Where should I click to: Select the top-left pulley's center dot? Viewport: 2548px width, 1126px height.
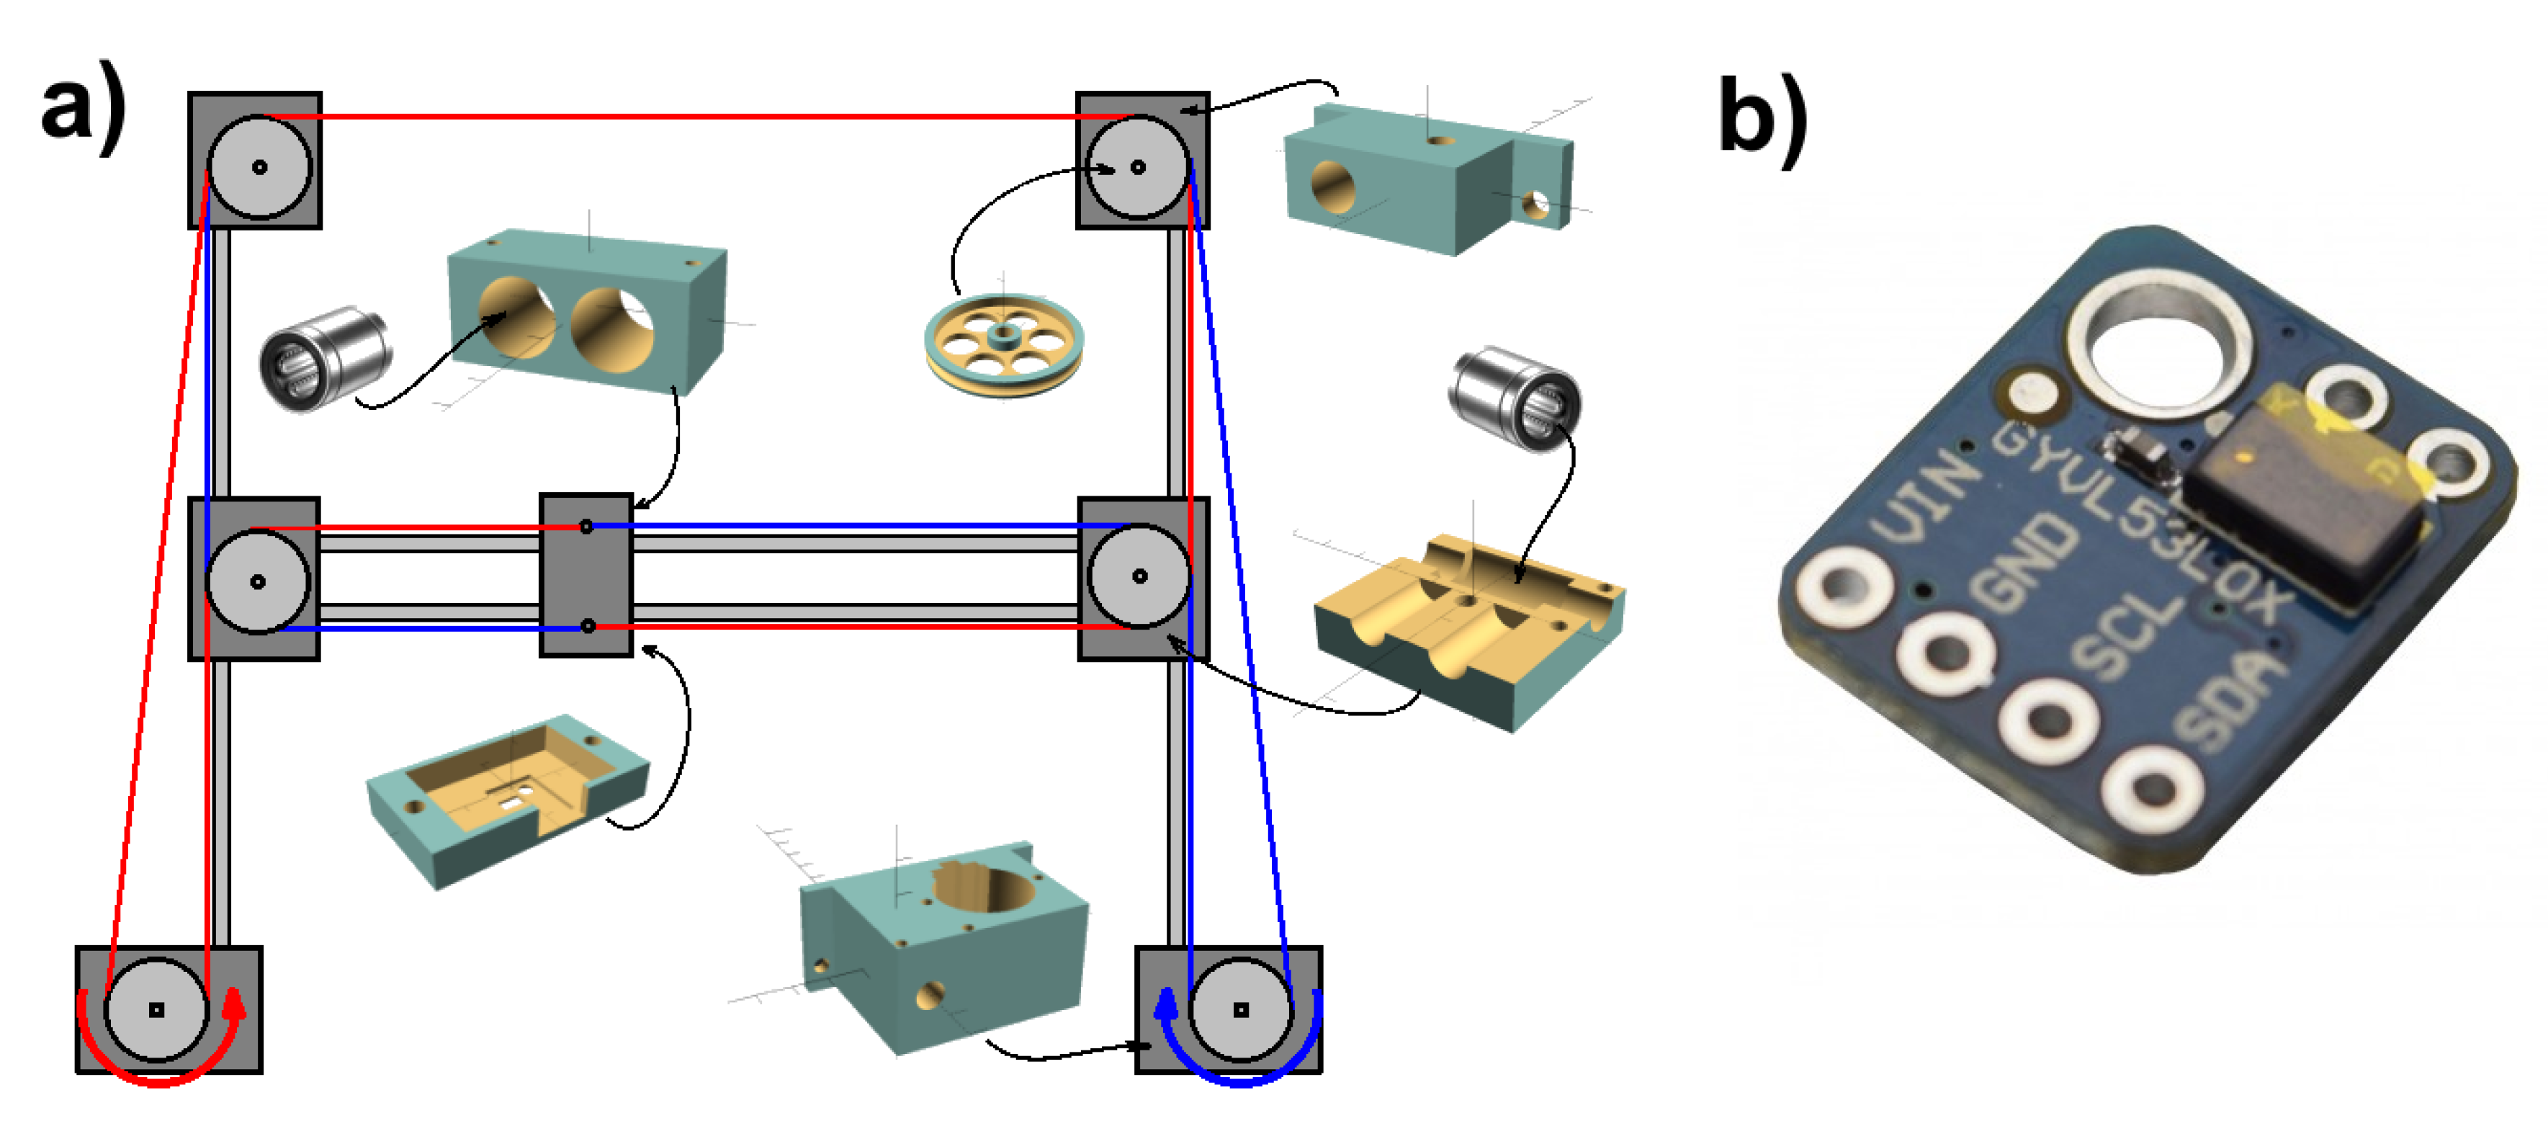click(x=259, y=167)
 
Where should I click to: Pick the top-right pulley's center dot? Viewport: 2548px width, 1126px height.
click(x=1137, y=167)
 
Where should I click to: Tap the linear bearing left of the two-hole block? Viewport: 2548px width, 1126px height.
click(x=323, y=358)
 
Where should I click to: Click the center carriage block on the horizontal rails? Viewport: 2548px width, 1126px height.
click(x=586, y=575)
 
